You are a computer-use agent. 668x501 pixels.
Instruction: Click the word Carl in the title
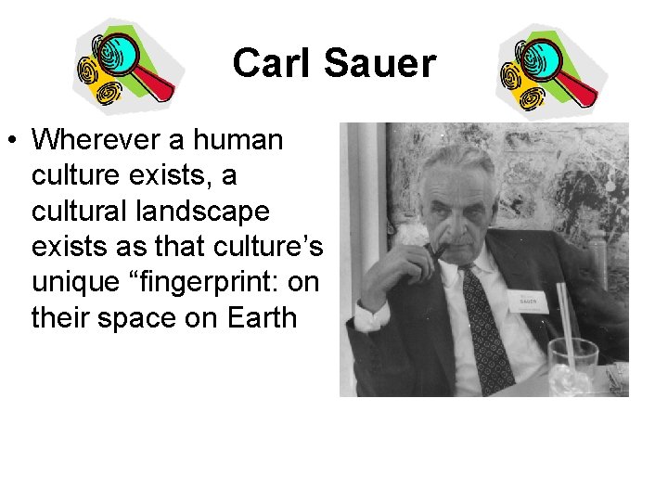pos(269,64)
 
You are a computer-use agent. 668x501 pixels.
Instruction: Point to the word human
pos(239,140)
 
